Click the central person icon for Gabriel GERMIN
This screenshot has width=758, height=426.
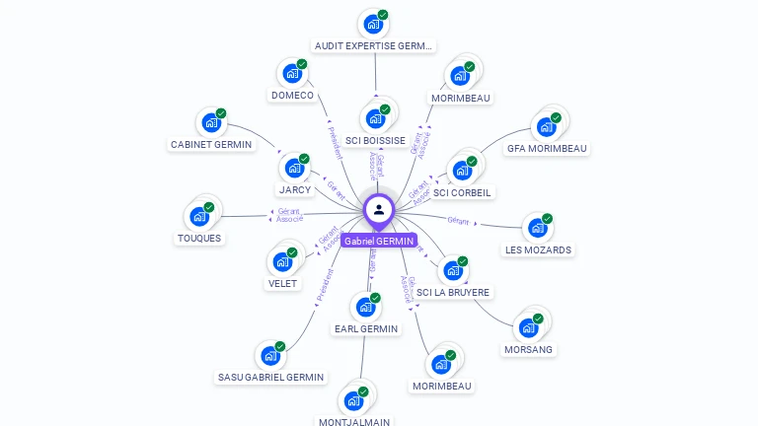[379, 209]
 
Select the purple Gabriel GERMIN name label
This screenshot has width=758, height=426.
[379, 241]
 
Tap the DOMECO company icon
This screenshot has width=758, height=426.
[292, 73]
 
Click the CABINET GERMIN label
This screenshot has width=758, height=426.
[211, 144]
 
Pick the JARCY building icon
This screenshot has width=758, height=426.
[294, 168]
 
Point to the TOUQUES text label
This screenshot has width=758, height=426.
[199, 238]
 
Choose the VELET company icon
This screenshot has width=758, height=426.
[282, 261]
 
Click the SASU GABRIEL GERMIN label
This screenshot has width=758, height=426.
[270, 377]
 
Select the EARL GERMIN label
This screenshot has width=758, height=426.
[366, 328]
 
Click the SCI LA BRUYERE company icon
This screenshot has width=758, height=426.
[453, 270]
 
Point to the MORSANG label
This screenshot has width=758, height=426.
[529, 349]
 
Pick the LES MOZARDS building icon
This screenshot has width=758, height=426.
[538, 228]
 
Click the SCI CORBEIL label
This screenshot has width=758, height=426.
[463, 192]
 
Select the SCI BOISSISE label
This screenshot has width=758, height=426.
[375, 140]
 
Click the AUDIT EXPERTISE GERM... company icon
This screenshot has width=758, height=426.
[373, 24]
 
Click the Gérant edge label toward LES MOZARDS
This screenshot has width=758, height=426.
[458, 221]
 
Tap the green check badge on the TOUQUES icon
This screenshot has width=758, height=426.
[208, 207]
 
